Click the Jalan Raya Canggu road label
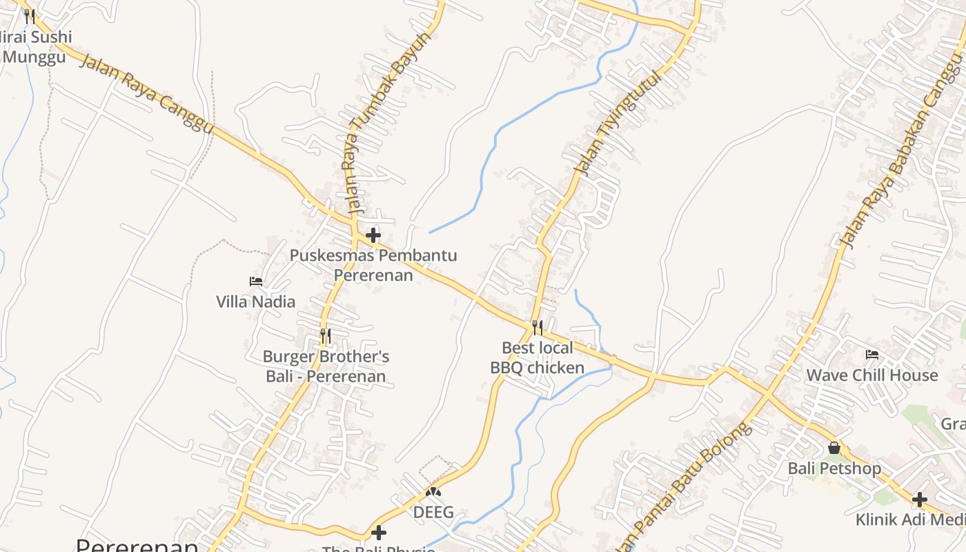[146, 95]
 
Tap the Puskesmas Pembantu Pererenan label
[373, 265]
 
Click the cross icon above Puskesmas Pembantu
[373, 235]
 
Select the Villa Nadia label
[255, 302]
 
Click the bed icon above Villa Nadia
[255, 282]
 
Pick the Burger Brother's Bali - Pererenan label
[326, 366]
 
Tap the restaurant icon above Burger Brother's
[326, 336]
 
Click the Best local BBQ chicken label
[537, 357]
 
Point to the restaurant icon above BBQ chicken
[537, 327]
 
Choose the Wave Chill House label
[872, 375]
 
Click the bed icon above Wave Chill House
[872, 355]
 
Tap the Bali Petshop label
[834, 469]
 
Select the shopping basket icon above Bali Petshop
[834, 448]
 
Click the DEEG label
[433, 512]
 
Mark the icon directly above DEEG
[433, 492]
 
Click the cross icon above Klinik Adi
[919, 500]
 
